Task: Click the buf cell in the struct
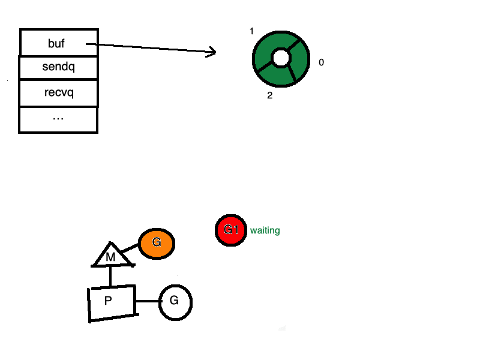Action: (x=59, y=43)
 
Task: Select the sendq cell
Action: (x=59, y=67)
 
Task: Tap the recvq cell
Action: (x=59, y=93)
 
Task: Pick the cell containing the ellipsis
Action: (x=59, y=119)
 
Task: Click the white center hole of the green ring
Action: (x=281, y=58)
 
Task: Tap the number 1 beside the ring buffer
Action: (x=252, y=31)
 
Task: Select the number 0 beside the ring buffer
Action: (x=321, y=62)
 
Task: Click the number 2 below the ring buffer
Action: (x=270, y=95)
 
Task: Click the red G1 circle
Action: (x=231, y=230)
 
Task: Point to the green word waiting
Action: (x=265, y=230)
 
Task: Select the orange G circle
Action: (x=157, y=243)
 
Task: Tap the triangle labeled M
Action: (x=111, y=256)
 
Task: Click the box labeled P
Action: (x=111, y=303)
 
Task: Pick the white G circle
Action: (x=175, y=302)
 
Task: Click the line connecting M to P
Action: (x=111, y=277)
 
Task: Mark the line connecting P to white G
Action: (x=148, y=301)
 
